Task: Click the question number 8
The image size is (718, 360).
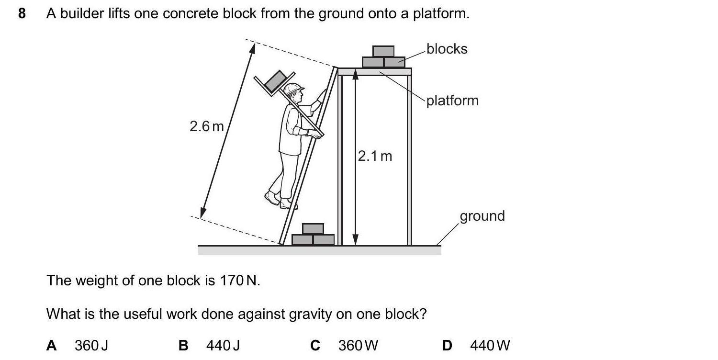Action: (x=22, y=13)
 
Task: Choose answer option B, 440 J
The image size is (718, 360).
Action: (x=223, y=345)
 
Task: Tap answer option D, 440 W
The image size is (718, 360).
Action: (x=490, y=345)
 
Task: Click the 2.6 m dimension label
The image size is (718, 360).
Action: (x=206, y=126)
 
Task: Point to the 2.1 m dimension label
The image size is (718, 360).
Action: (x=375, y=156)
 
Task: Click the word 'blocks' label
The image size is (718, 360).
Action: (x=447, y=49)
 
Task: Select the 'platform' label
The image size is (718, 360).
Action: (x=452, y=101)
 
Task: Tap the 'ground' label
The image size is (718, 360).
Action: (x=482, y=216)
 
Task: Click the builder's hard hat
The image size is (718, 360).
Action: (x=293, y=89)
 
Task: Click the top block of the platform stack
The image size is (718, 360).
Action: (x=383, y=51)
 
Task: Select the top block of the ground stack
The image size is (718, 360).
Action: (x=313, y=229)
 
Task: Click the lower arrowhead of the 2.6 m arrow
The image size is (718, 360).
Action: (x=203, y=213)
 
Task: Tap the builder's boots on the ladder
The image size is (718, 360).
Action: (x=280, y=200)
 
